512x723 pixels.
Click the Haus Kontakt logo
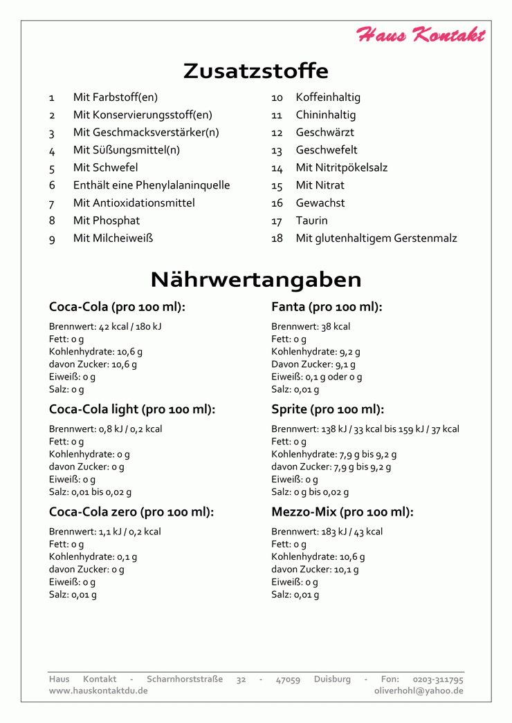[x=421, y=35]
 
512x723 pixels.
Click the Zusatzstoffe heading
[x=256, y=71]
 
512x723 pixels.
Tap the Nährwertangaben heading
[x=256, y=279]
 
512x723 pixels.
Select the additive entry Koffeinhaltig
[x=328, y=97]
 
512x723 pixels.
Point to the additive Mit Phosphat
[x=107, y=220]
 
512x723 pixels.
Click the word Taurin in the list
[x=312, y=220]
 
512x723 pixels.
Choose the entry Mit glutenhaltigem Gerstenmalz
[x=376, y=238]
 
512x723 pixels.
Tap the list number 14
[x=277, y=168]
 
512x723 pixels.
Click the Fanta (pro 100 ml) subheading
[x=327, y=307]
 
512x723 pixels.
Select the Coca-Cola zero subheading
[x=131, y=512]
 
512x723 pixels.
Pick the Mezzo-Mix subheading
[x=342, y=512]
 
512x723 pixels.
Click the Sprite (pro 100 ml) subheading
[x=328, y=409]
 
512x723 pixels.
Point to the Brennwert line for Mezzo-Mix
[x=327, y=532]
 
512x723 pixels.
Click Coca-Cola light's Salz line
[x=90, y=492]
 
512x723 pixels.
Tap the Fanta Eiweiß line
[x=316, y=377]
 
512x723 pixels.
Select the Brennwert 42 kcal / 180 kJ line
[x=105, y=326]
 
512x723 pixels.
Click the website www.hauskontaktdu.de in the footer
[x=98, y=691]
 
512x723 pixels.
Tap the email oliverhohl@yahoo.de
[x=419, y=691]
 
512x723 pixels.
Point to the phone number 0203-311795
[x=438, y=679]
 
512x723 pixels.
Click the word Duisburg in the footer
[x=332, y=679]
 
